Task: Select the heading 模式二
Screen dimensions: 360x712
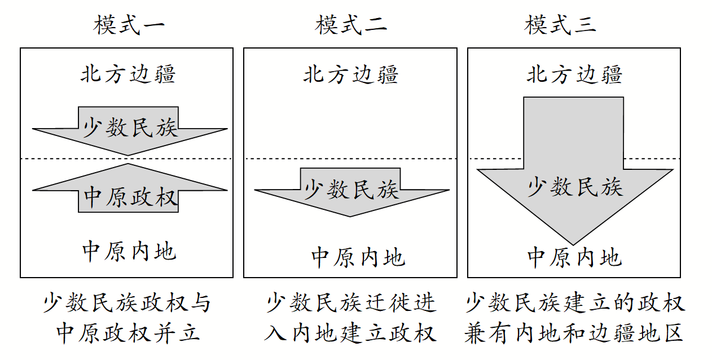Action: tap(351, 25)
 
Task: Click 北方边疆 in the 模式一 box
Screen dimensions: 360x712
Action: tap(128, 74)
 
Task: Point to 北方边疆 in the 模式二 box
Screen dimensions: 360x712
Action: tap(351, 74)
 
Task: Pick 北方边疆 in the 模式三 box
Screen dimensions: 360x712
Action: tap(574, 74)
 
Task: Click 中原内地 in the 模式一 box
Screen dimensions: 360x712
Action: tap(129, 251)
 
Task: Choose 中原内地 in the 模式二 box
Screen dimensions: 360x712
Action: tap(358, 257)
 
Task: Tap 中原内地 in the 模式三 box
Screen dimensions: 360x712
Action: tap(574, 257)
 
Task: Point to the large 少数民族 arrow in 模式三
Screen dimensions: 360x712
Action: tap(574, 181)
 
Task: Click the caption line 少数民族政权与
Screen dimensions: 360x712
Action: tap(127, 304)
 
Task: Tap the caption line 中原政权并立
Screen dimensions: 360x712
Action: tap(128, 333)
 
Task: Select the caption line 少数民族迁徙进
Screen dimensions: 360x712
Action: tap(351, 304)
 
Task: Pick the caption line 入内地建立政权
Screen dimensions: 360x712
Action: tap(350, 333)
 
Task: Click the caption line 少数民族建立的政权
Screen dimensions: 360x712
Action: tap(575, 304)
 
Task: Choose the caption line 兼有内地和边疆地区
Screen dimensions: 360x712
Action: tap(574, 333)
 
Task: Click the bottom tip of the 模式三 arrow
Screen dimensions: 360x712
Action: tap(574, 243)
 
